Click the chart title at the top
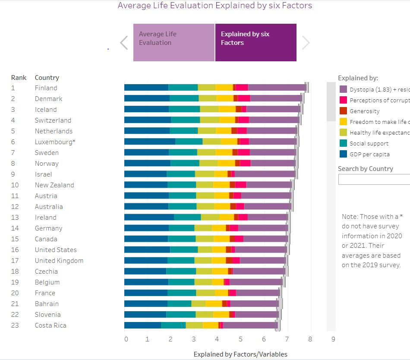(x=214, y=6)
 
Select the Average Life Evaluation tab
(x=173, y=42)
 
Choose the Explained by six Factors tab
(x=255, y=42)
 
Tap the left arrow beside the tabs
(x=124, y=42)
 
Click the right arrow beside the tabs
(x=306, y=42)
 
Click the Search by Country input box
(x=374, y=180)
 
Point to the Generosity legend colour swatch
(x=344, y=111)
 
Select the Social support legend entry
(x=369, y=143)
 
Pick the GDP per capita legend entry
(x=369, y=154)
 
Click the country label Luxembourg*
(x=55, y=142)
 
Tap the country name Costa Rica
(x=50, y=325)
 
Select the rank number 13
(x=15, y=218)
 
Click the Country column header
(x=47, y=78)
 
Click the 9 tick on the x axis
(x=333, y=339)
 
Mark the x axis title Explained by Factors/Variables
(x=240, y=354)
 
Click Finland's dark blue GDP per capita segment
(x=146, y=88)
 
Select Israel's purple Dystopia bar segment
(x=264, y=174)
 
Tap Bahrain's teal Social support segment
(x=179, y=303)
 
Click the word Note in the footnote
(x=349, y=217)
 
